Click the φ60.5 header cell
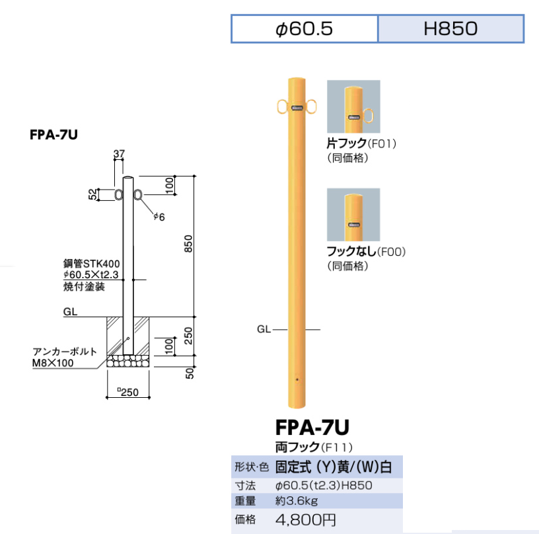coord(304,29)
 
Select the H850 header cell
coord(450,29)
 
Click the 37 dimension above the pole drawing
coord(119,155)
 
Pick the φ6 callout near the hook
coord(159,217)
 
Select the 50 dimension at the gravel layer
coord(190,373)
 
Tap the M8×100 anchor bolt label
coord(52,363)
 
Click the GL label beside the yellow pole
coord(264,329)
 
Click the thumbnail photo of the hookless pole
coord(353,214)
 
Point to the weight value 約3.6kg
coord(297,500)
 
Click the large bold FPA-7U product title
coord(311,425)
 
